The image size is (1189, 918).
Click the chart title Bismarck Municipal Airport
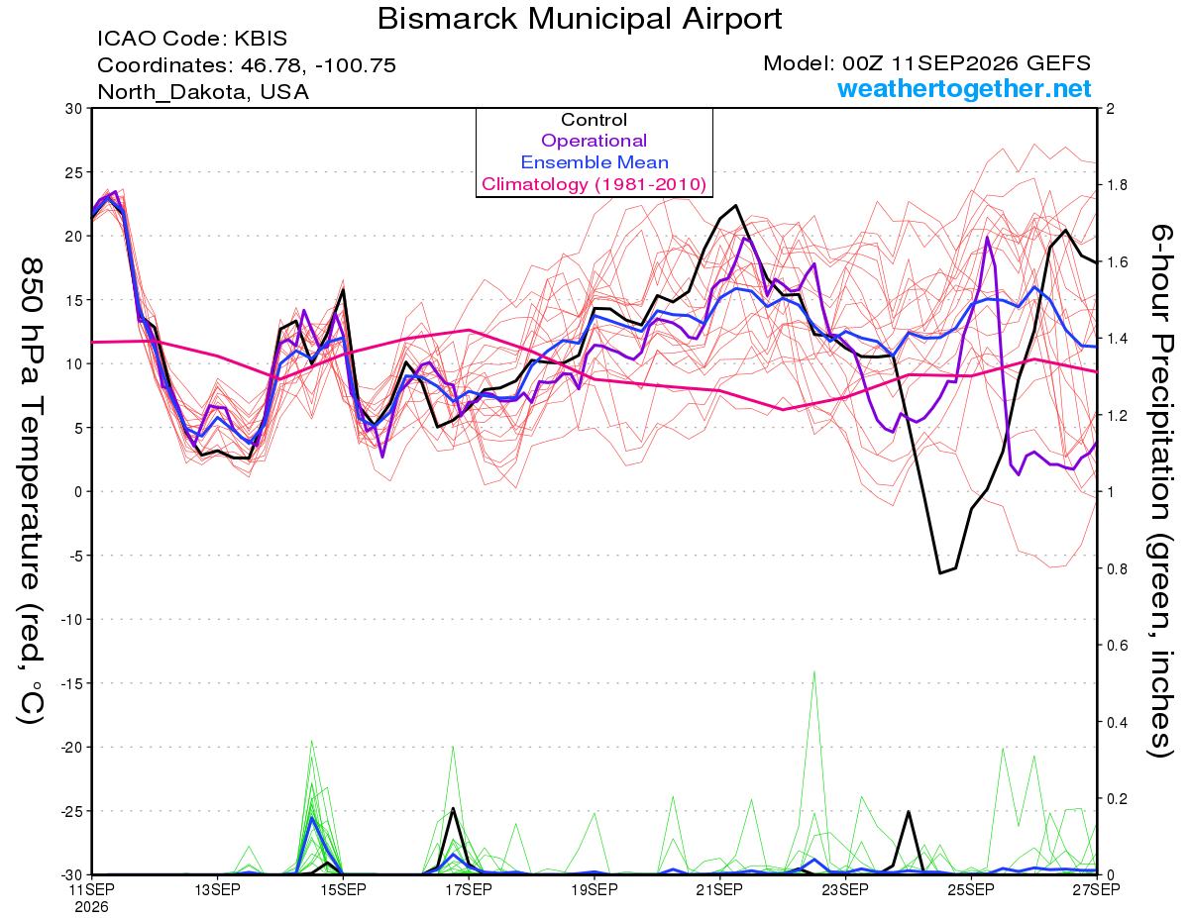(580, 19)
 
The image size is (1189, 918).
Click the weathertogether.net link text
(964, 88)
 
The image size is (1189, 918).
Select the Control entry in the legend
(594, 120)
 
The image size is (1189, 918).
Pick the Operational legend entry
(594, 141)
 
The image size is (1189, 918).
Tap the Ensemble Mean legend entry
(594, 162)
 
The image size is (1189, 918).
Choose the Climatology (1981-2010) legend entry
(594, 184)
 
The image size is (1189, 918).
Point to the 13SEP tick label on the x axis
(217, 889)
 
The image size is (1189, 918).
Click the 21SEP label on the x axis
(719, 889)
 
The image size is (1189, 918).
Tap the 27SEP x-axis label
(1096, 889)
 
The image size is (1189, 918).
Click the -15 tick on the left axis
(71, 683)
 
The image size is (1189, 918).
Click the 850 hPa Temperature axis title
(31, 491)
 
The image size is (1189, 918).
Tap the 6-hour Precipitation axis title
(1159, 490)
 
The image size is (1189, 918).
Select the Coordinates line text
(247, 65)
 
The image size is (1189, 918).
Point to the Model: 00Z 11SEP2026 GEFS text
(926, 63)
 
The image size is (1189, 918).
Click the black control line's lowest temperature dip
(940, 573)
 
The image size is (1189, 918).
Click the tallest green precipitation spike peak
(814, 671)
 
